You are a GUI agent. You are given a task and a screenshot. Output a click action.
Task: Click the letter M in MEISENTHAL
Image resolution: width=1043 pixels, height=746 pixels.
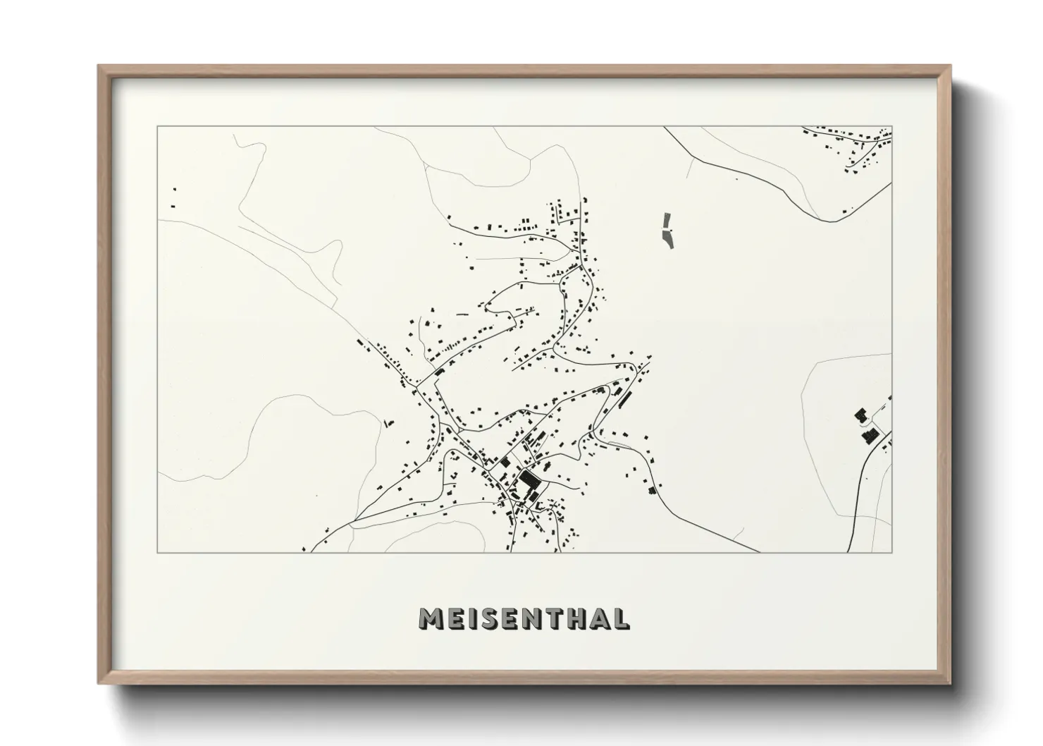coord(430,618)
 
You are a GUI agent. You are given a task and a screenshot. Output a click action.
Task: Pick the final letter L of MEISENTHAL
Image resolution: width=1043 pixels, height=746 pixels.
coord(621,618)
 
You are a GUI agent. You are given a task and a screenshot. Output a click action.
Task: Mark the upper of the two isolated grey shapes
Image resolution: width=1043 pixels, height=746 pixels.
coord(667,220)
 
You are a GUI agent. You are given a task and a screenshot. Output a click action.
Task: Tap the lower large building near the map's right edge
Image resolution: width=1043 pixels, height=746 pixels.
coord(869,435)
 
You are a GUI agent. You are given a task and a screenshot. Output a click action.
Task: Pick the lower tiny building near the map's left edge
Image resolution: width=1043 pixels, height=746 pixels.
coord(173,206)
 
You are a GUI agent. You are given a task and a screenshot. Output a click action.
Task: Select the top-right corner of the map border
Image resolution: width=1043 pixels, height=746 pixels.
coord(891,127)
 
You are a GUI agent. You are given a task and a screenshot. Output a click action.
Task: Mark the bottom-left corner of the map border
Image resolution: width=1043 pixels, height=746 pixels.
coord(158,551)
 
